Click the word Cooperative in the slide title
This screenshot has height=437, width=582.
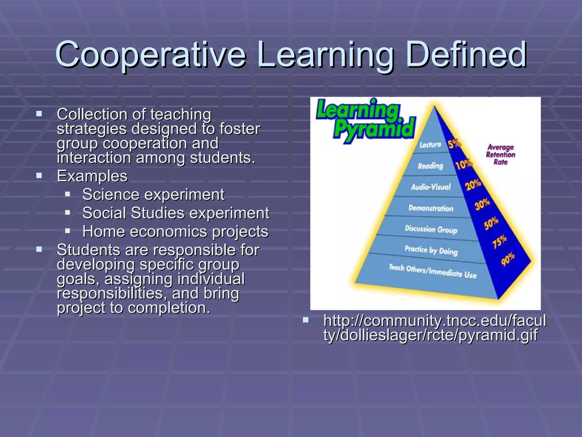(151, 55)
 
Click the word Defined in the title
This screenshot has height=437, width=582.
(466, 55)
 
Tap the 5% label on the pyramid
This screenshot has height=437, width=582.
(454, 144)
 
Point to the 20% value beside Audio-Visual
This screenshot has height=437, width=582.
(473, 185)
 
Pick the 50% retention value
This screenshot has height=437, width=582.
(491, 223)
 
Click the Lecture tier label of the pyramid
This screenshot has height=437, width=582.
(430, 145)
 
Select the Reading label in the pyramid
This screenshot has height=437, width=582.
(430, 166)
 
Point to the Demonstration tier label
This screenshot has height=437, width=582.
(431, 208)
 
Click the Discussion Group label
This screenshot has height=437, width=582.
(431, 229)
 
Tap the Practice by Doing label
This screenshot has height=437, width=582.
(431, 250)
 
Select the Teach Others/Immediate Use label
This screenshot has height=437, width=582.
(433, 271)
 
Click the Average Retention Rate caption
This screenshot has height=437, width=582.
(500, 154)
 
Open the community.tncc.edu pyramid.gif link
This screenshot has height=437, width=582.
(434, 328)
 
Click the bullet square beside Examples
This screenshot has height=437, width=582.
(39, 176)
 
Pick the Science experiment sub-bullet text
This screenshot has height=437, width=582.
(153, 195)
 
